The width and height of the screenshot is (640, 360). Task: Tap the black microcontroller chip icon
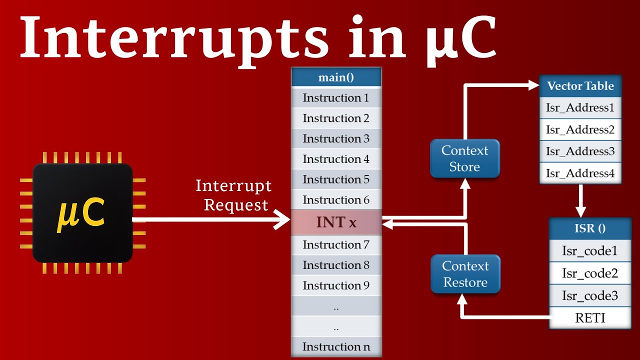coord(82,213)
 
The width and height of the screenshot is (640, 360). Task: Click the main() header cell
coord(336,77)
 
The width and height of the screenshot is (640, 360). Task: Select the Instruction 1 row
coord(336,98)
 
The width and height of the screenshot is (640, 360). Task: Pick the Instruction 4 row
coord(336,159)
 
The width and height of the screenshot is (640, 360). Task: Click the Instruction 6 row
coord(336,200)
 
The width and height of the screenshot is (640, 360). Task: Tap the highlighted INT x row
coord(336,222)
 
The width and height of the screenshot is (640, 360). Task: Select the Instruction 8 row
coord(336,265)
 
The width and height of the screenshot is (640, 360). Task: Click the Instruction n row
coord(336,346)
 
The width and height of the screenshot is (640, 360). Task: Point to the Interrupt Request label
coord(234,195)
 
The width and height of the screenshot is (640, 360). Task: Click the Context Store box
coord(465,158)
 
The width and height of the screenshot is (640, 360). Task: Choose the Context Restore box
coord(465,274)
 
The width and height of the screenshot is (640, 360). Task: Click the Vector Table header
coord(580,86)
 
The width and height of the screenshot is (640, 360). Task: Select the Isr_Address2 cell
coord(580,129)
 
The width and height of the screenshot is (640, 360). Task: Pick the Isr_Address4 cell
coord(580,173)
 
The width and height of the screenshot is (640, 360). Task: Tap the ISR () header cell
coord(590,228)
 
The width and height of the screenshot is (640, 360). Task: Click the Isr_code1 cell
coord(590,251)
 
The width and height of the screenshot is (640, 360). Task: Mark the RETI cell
coord(590,318)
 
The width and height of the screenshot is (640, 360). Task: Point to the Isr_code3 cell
coord(590,295)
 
